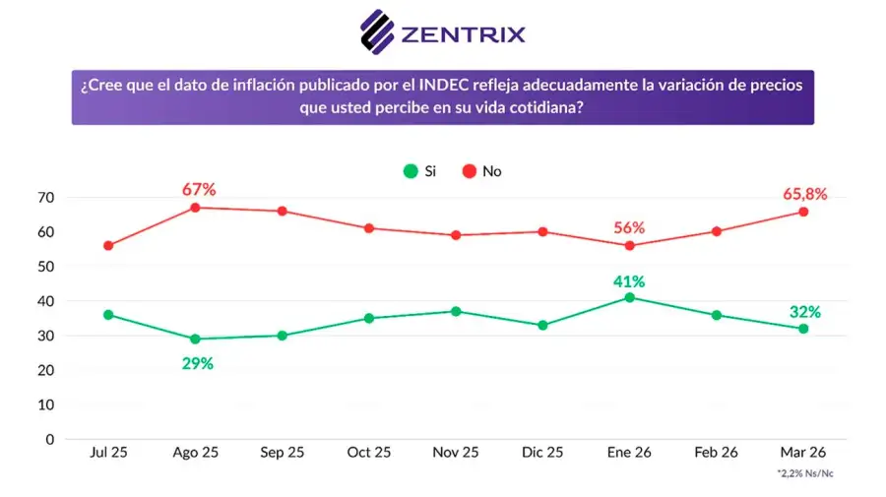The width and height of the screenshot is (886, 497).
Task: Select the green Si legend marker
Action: click(411, 171)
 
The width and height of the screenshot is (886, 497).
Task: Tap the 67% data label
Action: click(198, 189)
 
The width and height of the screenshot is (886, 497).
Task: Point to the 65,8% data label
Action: click(803, 194)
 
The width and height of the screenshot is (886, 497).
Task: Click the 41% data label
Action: click(629, 280)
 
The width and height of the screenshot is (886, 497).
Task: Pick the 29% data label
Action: click(197, 362)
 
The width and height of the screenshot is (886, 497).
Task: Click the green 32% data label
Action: click(803, 312)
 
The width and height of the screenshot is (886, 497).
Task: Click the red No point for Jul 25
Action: click(108, 246)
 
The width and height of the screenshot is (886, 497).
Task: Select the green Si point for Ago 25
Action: click(195, 339)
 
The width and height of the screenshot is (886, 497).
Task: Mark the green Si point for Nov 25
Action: click(456, 311)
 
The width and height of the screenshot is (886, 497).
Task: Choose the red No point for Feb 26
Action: click(717, 231)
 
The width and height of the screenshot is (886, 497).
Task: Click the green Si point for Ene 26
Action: click(630, 297)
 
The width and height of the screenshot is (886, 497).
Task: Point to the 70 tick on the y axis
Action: click(45, 198)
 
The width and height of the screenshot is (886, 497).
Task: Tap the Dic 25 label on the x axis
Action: click(542, 453)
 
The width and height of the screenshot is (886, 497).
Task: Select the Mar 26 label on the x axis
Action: click(803, 453)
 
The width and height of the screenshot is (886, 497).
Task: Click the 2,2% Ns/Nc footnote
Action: click(804, 473)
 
